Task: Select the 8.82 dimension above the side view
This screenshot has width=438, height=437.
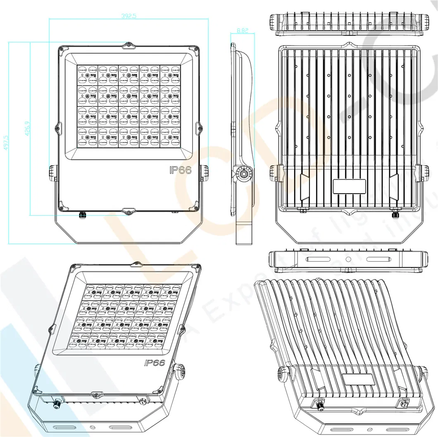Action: click(x=242, y=30)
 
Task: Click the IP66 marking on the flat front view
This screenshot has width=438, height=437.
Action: click(x=181, y=170)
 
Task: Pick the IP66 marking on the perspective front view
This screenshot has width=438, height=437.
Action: click(x=155, y=363)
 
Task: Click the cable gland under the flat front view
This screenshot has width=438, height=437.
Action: click(x=81, y=214)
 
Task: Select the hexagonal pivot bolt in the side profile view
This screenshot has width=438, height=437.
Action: click(x=244, y=174)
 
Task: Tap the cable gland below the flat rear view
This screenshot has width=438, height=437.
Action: click(x=395, y=214)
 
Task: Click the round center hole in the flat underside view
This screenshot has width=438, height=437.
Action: click(x=348, y=259)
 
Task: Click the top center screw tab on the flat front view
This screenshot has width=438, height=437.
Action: click(x=129, y=45)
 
